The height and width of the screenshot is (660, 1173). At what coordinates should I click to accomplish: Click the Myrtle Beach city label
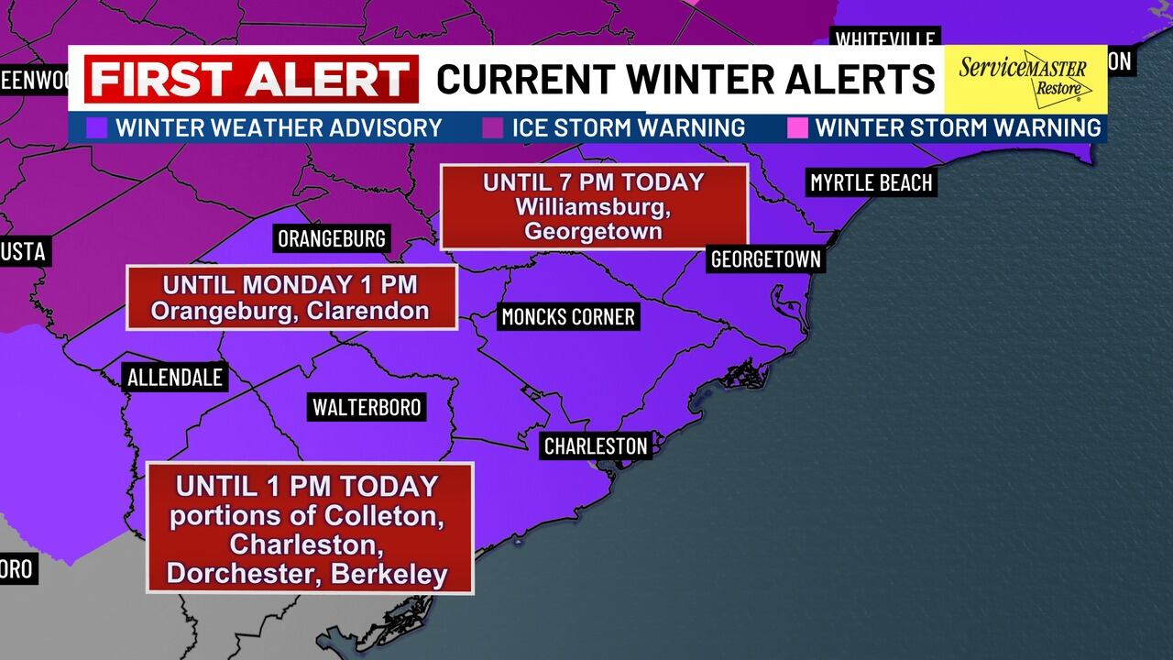[x=871, y=183]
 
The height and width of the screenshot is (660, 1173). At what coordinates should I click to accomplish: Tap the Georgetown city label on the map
[x=766, y=259]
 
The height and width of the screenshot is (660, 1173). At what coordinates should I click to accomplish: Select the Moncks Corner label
[x=568, y=317]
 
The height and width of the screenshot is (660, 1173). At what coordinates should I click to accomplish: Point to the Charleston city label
[x=596, y=446]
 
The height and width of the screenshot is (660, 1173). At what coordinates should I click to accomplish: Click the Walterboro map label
[x=367, y=407]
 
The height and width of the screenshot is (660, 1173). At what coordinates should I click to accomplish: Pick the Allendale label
[x=175, y=377]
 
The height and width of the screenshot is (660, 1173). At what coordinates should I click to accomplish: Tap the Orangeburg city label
[x=332, y=239]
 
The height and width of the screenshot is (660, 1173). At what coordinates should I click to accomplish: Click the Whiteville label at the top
[x=885, y=39]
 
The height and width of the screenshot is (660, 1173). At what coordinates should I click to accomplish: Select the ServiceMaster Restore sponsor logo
[x=1025, y=78]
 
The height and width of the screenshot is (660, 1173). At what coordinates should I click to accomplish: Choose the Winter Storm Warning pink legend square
[x=797, y=127]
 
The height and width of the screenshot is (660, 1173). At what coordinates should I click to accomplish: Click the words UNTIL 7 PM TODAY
[x=594, y=182]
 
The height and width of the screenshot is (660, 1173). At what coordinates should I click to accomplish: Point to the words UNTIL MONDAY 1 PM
[x=291, y=284]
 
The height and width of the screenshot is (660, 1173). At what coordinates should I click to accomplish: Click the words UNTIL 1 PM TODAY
[x=307, y=486]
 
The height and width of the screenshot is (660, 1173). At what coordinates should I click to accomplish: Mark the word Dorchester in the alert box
[x=241, y=575]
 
